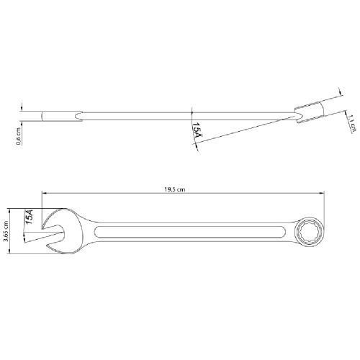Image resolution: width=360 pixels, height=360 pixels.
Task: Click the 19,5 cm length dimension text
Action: click(176, 189)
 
